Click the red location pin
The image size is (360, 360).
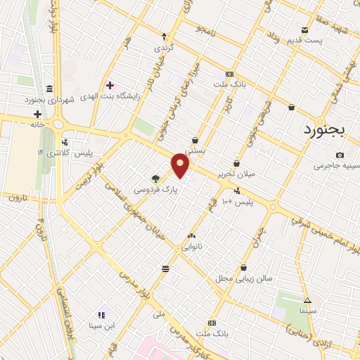click(181, 166)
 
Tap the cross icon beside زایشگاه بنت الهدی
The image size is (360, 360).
click(110, 84)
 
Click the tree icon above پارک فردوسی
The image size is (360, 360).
click(155, 179)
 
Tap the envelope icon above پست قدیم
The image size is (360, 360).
click(304, 30)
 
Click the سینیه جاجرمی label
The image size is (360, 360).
click(336, 165)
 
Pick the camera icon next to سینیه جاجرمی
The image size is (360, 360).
click(340, 155)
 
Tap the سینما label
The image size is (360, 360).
click(307, 310)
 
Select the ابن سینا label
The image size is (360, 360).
click(101, 326)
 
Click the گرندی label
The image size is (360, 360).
click(164, 47)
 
